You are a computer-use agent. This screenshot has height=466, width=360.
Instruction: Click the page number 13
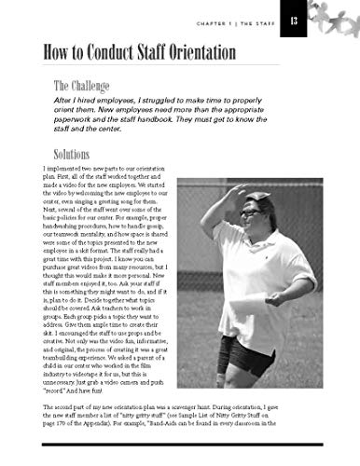[296, 21]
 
